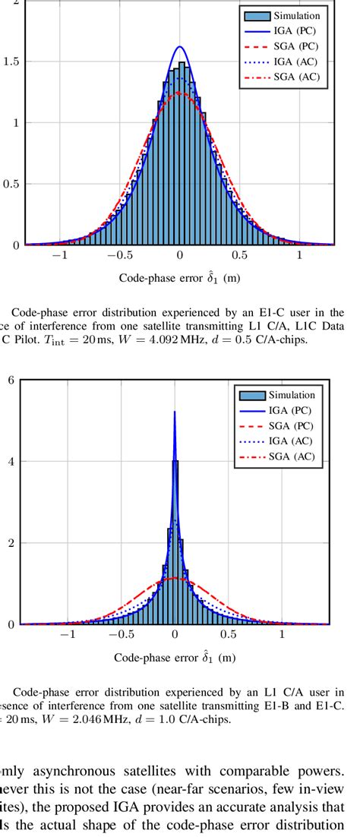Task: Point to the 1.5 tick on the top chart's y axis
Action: pyautogui.click(x=11, y=62)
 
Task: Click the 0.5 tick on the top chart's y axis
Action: pyautogui.click(x=11, y=184)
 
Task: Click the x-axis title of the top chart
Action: pyautogui.click(x=179, y=278)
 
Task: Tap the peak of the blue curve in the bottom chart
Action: pyautogui.click(x=175, y=412)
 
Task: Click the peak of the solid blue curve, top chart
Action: pyautogui.click(x=180, y=47)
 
